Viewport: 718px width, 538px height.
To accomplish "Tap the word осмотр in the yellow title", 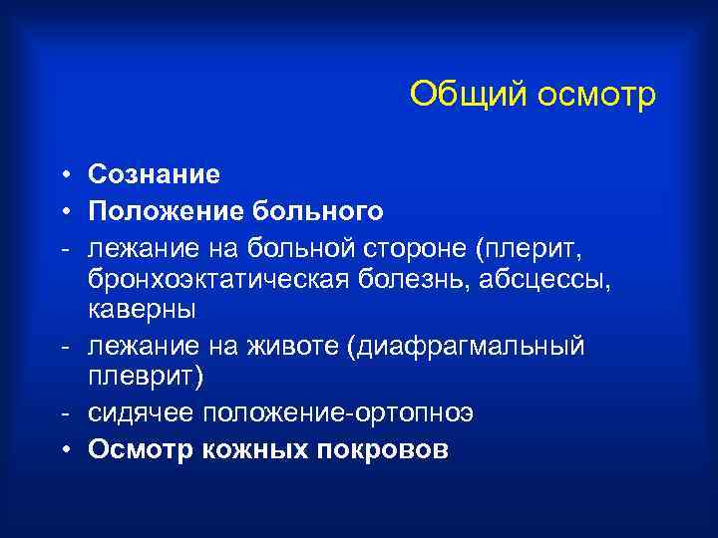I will tap(596, 96).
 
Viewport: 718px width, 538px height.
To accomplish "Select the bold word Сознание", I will tap(154, 174).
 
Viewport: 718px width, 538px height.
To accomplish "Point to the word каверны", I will tap(142, 310).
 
